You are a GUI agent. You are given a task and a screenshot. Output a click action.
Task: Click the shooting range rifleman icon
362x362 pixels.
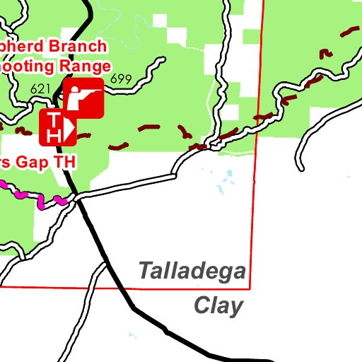point(84,98)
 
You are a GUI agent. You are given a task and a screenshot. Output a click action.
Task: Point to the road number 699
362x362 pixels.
point(121,79)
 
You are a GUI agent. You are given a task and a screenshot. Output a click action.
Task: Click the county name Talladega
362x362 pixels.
point(192,271)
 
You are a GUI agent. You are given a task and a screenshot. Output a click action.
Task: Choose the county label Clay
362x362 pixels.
point(218,306)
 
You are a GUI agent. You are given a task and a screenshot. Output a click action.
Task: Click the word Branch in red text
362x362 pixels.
point(76,47)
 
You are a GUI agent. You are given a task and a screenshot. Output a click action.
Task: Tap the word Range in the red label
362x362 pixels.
point(86,66)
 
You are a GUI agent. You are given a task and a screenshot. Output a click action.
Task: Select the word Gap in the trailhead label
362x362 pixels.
point(31,162)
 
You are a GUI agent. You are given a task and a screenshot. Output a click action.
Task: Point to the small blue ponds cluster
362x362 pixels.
point(223,185)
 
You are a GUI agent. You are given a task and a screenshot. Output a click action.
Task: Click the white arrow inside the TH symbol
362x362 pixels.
point(69,126)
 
